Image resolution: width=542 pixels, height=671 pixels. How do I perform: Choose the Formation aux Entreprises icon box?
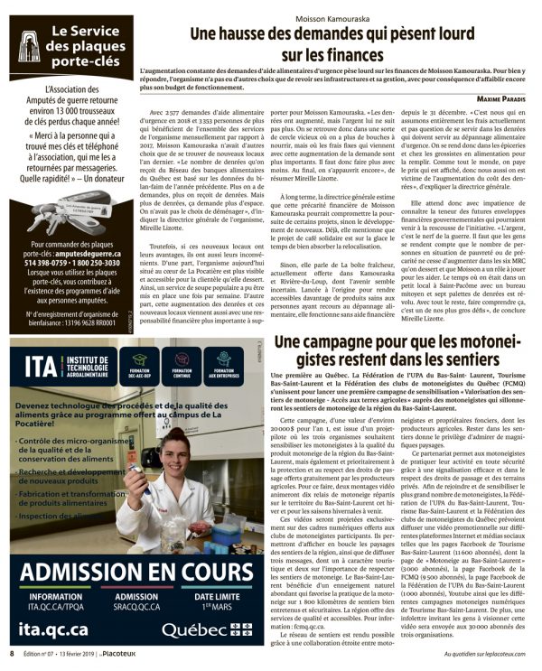(x=223, y=363)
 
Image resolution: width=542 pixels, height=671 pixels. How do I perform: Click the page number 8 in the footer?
(x=11, y=652)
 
